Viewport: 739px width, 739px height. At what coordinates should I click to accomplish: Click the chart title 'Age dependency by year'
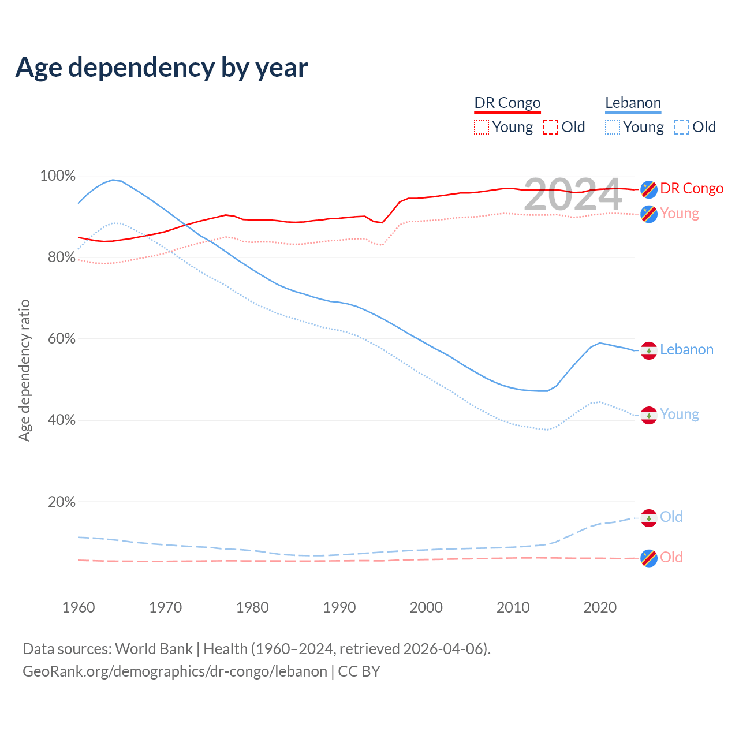(x=162, y=68)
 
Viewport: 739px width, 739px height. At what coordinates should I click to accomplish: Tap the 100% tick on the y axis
(x=58, y=176)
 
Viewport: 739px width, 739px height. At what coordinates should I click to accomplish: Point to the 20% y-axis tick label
(x=61, y=502)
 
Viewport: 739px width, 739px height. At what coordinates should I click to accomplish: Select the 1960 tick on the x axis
(x=79, y=607)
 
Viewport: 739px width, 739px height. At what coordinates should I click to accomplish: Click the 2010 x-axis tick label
(x=513, y=607)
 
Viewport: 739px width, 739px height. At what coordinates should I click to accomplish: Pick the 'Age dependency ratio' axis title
(x=24, y=370)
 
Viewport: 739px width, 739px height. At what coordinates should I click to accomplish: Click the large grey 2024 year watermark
(x=573, y=195)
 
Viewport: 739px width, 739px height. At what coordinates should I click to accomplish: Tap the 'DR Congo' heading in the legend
(x=507, y=103)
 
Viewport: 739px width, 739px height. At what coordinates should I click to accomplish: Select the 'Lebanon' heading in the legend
(x=633, y=103)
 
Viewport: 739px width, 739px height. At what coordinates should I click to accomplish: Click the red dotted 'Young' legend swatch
(x=481, y=127)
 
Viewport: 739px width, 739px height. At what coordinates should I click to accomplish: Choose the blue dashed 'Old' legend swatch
(x=681, y=127)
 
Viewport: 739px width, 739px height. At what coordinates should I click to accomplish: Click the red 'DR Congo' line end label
(x=692, y=189)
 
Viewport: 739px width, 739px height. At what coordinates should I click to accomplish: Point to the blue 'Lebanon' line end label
(x=686, y=350)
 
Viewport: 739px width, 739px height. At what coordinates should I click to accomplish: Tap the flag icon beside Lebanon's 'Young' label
(x=649, y=415)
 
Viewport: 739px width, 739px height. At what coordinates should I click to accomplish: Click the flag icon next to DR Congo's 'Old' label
(x=649, y=558)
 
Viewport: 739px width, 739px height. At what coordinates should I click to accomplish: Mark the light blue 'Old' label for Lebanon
(x=671, y=517)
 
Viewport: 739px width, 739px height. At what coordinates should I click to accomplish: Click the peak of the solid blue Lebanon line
(x=113, y=180)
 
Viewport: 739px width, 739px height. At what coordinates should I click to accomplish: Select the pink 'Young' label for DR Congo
(x=680, y=214)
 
